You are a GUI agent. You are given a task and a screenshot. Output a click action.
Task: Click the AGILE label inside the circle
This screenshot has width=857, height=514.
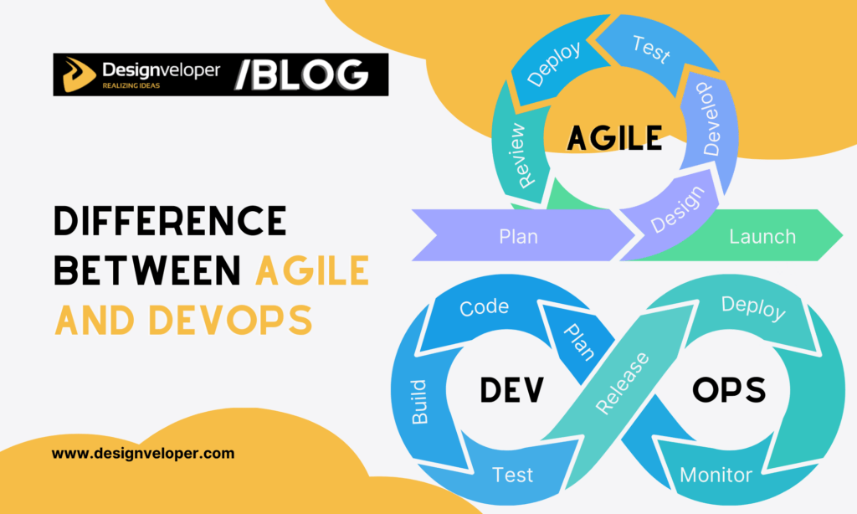click(x=614, y=136)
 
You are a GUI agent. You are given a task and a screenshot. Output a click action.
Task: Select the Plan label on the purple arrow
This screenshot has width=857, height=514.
click(x=518, y=236)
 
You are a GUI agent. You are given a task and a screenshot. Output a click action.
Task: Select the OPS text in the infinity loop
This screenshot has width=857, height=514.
click(x=728, y=389)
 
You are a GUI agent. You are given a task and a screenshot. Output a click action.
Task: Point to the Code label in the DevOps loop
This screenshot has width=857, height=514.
click(x=484, y=307)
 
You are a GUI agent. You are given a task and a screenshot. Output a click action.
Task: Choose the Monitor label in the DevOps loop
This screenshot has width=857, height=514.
click(x=716, y=475)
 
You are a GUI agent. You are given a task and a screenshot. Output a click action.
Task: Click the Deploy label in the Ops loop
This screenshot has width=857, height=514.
click(x=753, y=308)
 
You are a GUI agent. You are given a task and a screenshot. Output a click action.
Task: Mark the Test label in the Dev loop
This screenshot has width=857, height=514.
click(x=513, y=475)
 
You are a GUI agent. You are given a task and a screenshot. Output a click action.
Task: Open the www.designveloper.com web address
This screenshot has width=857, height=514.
click(x=143, y=454)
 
